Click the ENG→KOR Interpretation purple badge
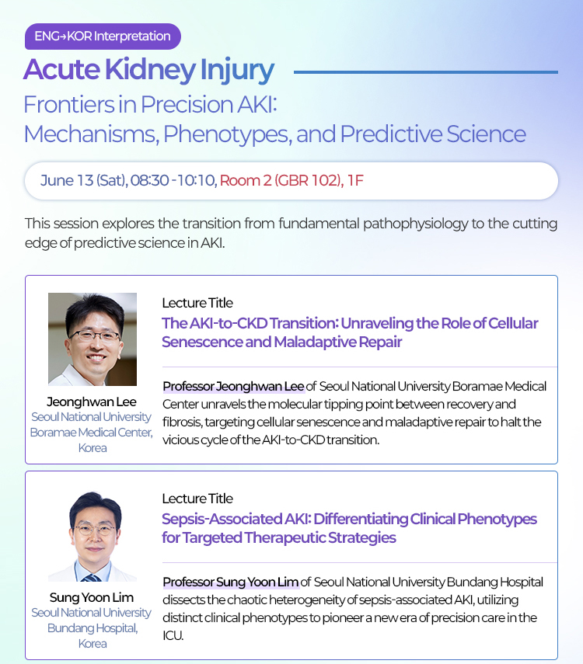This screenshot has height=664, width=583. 103,37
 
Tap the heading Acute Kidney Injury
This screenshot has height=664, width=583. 148,70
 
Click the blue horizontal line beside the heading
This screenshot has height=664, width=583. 426,72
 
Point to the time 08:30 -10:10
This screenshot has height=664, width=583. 174,180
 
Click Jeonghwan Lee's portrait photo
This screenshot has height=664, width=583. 93,339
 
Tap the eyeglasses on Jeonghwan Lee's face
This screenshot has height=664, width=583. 95,336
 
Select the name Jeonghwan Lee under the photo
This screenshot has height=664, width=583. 92,402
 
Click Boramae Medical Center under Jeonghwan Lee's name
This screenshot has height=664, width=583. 91,433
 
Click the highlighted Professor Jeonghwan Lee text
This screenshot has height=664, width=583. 234,386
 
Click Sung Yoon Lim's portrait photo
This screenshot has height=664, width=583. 93,536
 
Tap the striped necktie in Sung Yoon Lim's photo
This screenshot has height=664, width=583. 92,578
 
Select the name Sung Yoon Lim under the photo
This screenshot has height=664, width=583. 92,597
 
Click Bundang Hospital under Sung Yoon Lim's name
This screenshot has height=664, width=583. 93,628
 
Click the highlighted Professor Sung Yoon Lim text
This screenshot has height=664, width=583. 231,582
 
